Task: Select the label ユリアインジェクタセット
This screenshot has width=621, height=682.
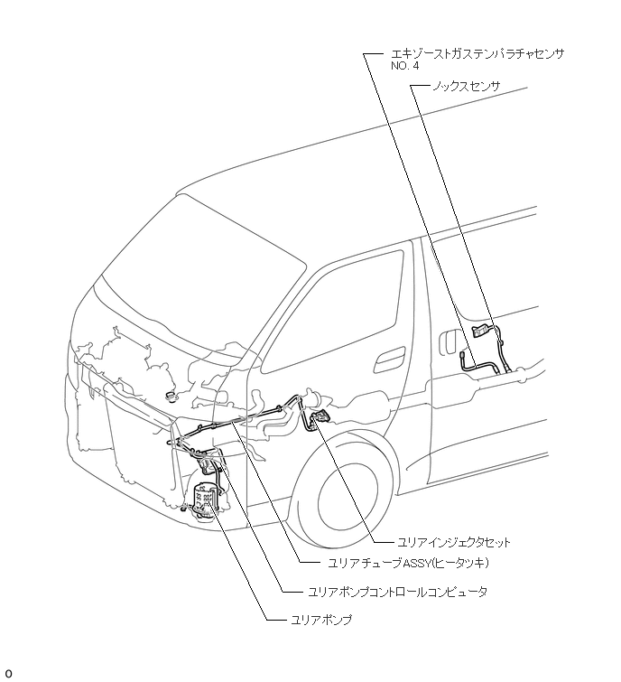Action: click(x=454, y=543)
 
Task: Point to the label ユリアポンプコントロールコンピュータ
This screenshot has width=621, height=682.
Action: click(x=396, y=593)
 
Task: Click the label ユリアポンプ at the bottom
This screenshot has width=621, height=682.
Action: click(x=321, y=621)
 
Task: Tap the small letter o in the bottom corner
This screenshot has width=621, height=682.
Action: click(x=8, y=674)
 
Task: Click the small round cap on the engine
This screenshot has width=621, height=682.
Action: click(x=171, y=395)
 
